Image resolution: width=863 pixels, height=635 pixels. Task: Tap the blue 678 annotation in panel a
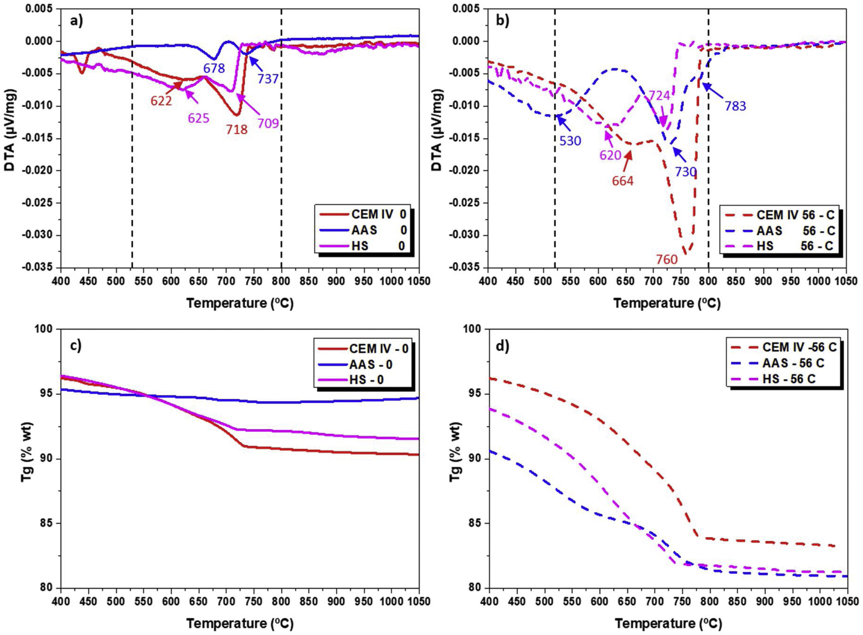pyautogui.click(x=214, y=68)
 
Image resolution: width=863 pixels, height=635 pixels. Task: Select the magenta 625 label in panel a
pyautogui.click(x=199, y=118)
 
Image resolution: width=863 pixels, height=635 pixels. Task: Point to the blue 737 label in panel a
pyautogui.click(x=268, y=79)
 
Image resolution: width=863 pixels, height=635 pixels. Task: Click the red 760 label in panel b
pyautogui.click(x=666, y=260)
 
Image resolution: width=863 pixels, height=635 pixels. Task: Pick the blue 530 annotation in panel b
pyautogui.click(x=570, y=141)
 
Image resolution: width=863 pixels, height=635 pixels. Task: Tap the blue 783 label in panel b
pyautogui.click(x=735, y=106)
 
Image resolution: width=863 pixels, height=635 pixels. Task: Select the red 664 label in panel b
pyautogui.click(x=622, y=181)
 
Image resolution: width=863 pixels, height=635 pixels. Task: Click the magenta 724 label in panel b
pyautogui.click(x=659, y=96)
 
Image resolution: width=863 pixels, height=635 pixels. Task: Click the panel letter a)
pyautogui.click(x=76, y=20)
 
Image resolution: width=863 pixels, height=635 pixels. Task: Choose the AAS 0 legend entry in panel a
pyautogui.click(x=378, y=230)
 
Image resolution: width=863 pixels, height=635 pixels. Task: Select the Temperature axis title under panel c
pyautogui.click(x=240, y=623)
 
